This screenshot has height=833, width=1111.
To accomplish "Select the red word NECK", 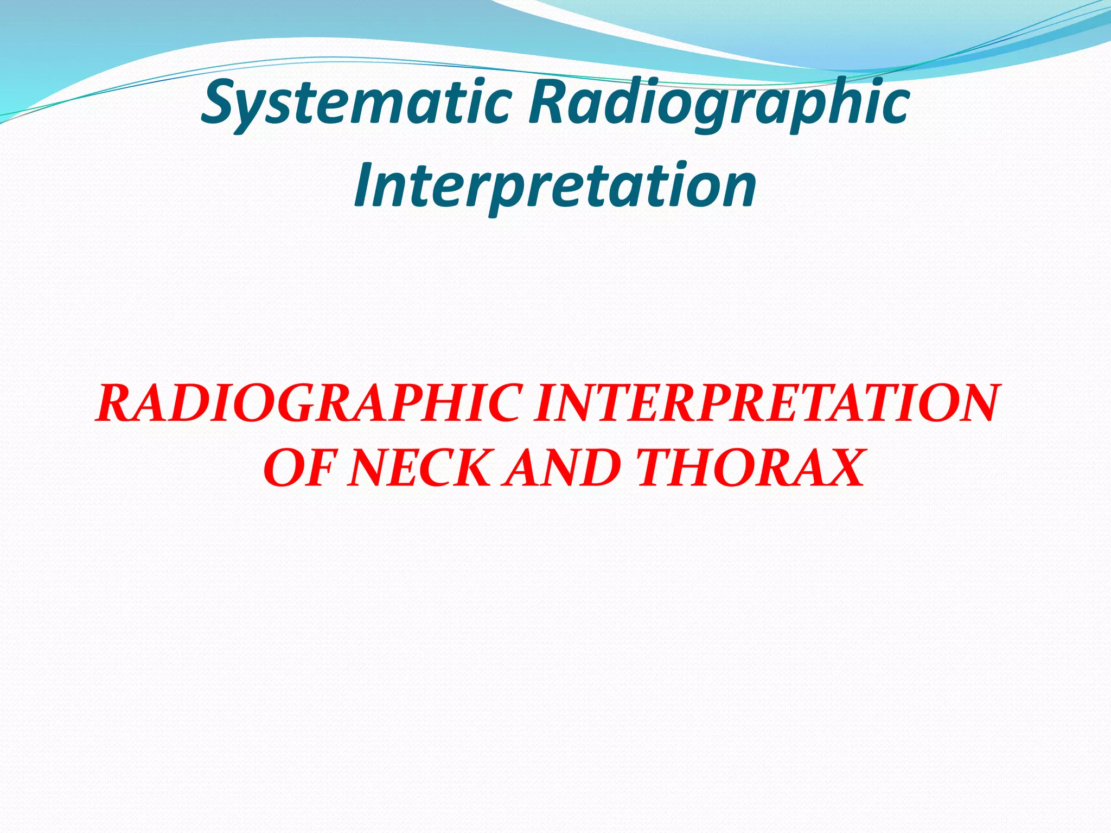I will [x=420, y=467].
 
